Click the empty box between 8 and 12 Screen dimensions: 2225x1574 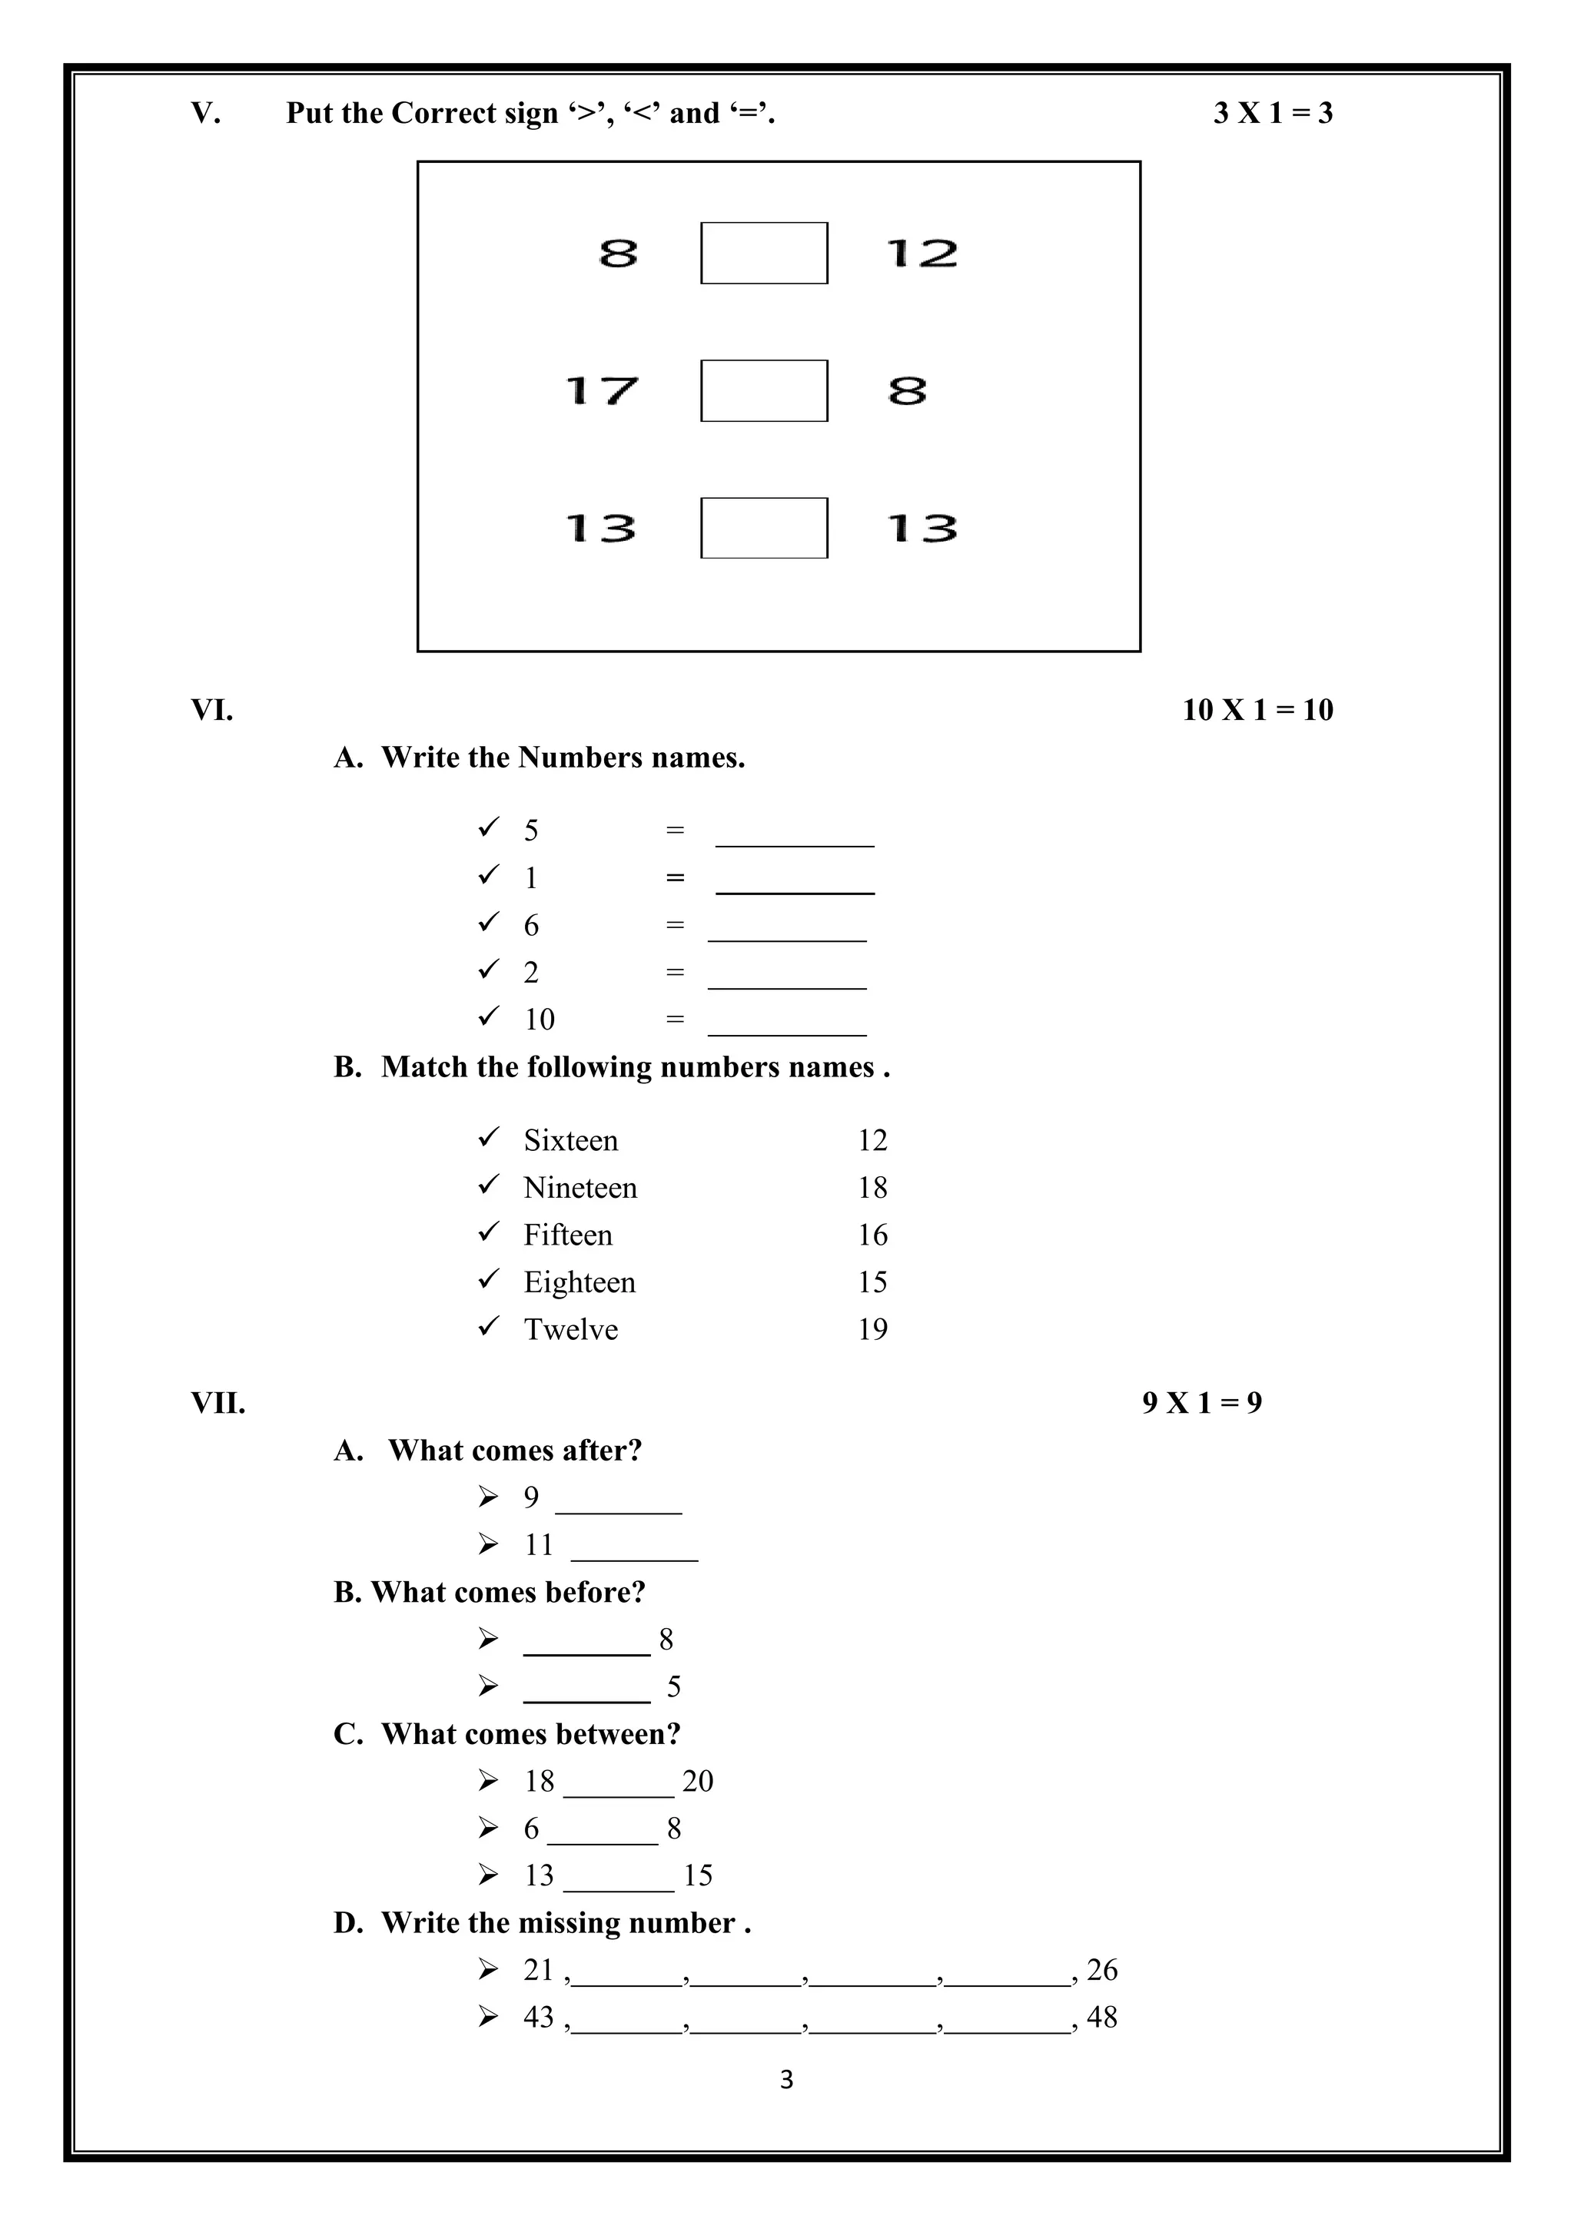point(764,253)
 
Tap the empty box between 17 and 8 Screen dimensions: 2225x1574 point(764,390)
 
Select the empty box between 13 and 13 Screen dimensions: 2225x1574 point(764,528)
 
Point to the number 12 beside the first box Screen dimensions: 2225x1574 point(921,254)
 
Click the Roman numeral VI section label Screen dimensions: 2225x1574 point(212,711)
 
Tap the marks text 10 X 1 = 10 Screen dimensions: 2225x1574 point(1257,711)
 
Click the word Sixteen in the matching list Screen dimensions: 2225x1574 point(571,1141)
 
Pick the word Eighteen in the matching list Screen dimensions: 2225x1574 point(579,1282)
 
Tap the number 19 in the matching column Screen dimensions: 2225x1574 point(872,1330)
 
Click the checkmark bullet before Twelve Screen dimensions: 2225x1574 point(489,1325)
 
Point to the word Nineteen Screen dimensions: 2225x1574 point(580,1188)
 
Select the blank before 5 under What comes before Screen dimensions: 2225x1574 point(586,1690)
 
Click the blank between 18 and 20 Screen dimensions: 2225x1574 point(619,1785)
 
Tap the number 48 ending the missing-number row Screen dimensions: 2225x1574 point(1102,2018)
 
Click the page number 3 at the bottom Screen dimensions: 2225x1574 point(786,2080)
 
